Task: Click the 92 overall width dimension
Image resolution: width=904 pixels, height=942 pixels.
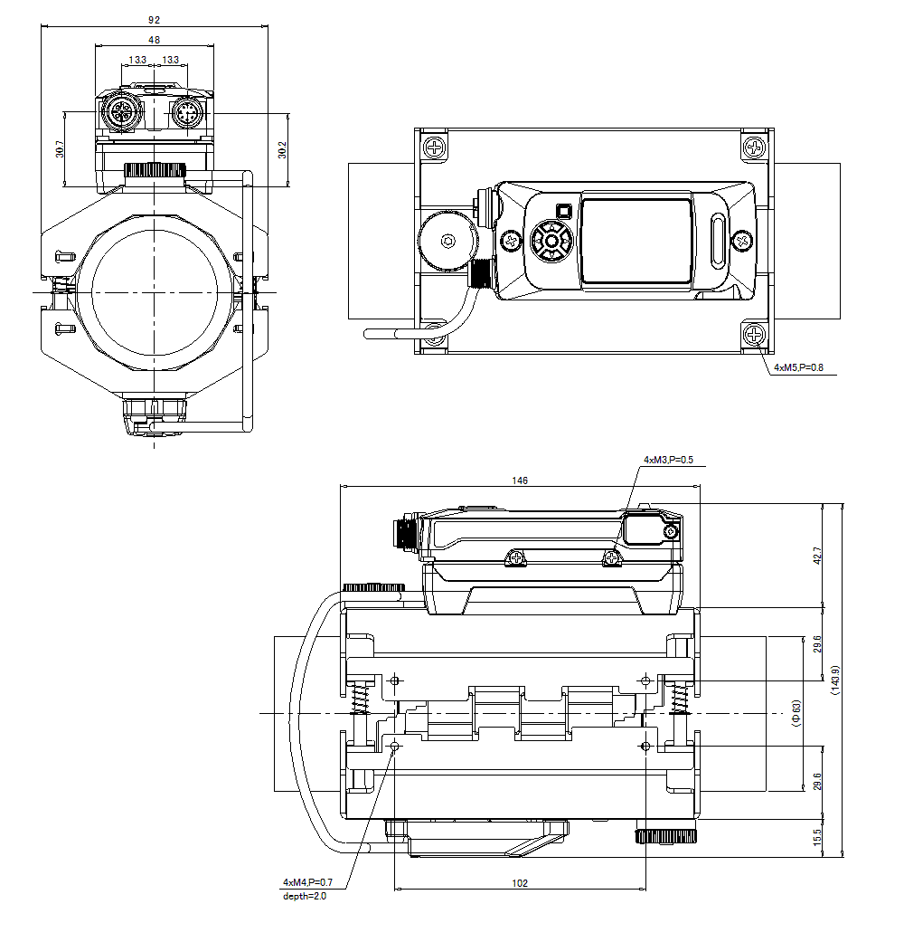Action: [x=155, y=18]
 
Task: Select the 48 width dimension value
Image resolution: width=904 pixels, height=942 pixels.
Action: [x=155, y=40]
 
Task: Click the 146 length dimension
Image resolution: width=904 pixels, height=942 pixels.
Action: [x=519, y=481]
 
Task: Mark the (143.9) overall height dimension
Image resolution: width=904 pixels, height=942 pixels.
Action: [x=836, y=680]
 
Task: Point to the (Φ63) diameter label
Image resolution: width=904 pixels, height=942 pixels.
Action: [x=796, y=713]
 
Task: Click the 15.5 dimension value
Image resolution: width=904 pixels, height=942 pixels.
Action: [x=817, y=838]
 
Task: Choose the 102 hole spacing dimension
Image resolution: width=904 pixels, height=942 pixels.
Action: [x=519, y=883]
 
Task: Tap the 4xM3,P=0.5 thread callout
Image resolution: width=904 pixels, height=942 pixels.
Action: [x=668, y=460]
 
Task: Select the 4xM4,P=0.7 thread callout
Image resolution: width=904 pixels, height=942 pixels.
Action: [x=307, y=882]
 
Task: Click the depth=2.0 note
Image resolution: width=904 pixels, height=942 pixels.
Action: [x=304, y=896]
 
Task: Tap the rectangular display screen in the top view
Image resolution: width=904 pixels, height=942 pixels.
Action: [x=636, y=242]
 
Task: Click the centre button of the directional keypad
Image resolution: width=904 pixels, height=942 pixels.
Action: [x=551, y=242]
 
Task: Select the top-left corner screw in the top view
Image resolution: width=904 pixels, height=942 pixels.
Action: [x=436, y=146]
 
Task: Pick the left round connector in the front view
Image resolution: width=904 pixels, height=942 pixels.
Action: [x=119, y=115]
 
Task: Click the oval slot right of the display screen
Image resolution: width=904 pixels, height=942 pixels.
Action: [x=719, y=241]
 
